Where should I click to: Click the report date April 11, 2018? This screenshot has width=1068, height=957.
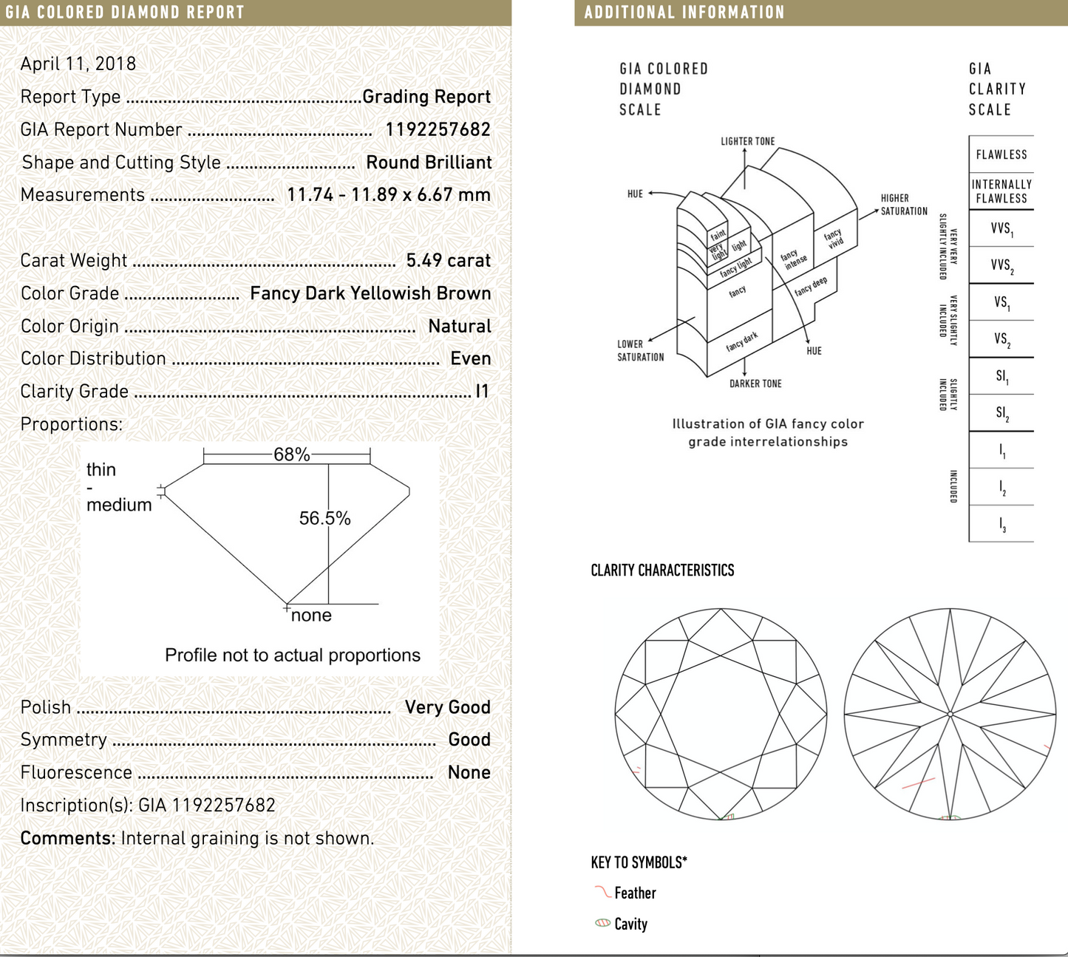(x=78, y=64)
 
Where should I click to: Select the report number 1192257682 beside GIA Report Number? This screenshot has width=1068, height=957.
(x=438, y=129)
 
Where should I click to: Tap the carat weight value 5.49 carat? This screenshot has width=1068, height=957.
(x=448, y=260)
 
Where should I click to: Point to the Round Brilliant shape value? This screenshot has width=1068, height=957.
(x=429, y=163)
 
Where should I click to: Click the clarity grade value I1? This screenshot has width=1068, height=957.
(x=482, y=391)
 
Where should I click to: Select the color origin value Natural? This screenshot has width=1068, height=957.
(x=459, y=326)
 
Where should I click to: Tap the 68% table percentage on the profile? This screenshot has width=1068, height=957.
(x=291, y=454)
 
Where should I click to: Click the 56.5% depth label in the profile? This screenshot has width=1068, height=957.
(x=324, y=518)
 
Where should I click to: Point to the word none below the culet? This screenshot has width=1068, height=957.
(x=311, y=616)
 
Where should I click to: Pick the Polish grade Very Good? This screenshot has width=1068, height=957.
(x=447, y=707)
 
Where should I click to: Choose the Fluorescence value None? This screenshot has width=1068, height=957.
(x=469, y=772)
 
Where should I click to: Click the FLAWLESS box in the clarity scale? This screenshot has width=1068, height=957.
(x=1001, y=154)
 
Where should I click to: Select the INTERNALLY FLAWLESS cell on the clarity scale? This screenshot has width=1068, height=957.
(x=1001, y=191)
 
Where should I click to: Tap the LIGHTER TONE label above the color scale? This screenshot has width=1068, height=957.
(x=747, y=141)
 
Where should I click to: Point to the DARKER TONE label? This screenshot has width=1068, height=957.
(x=755, y=384)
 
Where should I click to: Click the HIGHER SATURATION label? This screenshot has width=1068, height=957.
(x=903, y=205)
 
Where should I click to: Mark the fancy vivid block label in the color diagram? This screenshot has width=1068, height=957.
(x=833, y=238)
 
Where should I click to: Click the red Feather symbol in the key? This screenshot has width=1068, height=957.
(x=602, y=892)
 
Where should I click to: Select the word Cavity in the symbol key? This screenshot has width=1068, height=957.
(x=630, y=924)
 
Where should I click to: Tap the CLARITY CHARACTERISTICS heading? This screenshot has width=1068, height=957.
(x=662, y=571)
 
